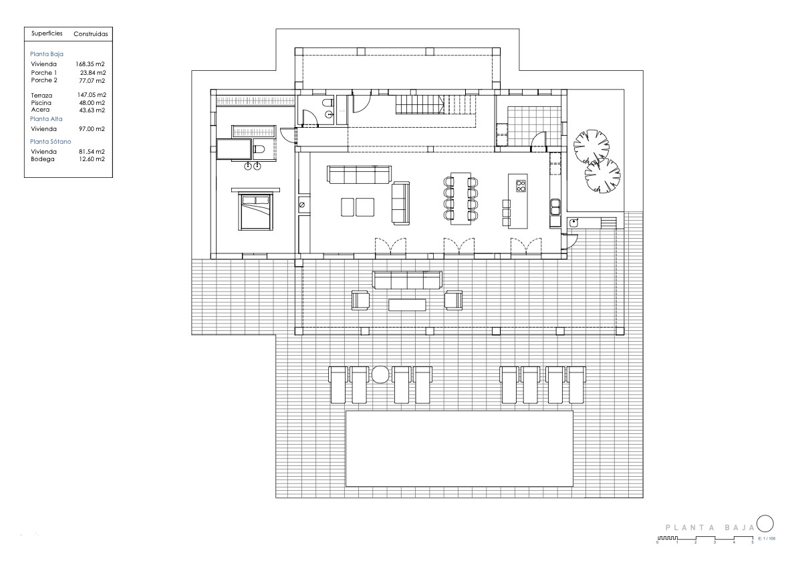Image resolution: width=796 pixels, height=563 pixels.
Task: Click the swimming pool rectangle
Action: click(x=459, y=448)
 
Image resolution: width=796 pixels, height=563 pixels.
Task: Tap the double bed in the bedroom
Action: click(x=255, y=211)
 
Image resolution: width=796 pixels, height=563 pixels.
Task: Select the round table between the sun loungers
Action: click(x=380, y=374)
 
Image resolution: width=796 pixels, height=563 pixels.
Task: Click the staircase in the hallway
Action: click(x=419, y=105)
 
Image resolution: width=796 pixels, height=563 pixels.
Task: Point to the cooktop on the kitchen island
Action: click(x=521, y=186)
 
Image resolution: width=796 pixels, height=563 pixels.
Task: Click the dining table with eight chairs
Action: click(x=461, y=199)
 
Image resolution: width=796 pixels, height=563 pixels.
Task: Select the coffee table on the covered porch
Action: click(x=408, y=305)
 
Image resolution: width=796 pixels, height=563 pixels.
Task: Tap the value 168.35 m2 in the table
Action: click(x=92, y=64)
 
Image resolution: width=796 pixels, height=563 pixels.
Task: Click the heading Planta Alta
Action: click(x=46, y=118)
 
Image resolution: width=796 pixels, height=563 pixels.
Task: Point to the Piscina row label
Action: click(x=41, y=103)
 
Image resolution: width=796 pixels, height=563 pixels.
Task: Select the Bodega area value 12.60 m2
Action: click(x=92, y=159)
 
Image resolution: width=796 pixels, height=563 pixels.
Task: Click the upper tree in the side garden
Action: click(x=591, y=146)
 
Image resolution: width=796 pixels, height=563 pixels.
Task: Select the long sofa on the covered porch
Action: click(x=408, y=279)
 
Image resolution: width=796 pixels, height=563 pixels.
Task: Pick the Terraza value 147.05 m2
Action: click(x=92, y=96)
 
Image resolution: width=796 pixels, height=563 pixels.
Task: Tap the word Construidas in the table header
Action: click(x=90, y=33)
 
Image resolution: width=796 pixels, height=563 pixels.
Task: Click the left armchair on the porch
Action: click(x=360, y=300)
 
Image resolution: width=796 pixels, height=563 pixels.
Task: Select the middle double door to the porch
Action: click(x=459, y=247)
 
